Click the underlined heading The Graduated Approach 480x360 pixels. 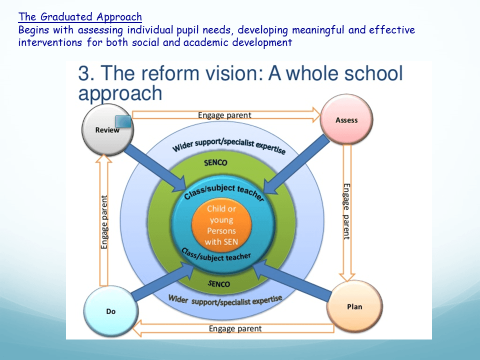[80, 17]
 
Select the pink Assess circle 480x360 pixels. [346, 119]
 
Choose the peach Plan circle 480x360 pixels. [354, 306]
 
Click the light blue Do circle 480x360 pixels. [110, 311]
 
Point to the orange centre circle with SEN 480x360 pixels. [221, 225]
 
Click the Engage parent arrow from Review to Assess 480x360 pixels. [226, 115]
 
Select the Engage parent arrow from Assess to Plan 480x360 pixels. [347, 213]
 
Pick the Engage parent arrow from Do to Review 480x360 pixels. [104, 220]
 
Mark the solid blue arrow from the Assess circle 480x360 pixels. [296, 165]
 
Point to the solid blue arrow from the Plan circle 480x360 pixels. [292, 280]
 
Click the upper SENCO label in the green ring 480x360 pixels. [216, 162]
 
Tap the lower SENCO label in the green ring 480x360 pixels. [219, 284]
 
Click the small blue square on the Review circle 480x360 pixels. [123, 121]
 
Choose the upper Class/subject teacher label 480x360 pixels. [224, 192]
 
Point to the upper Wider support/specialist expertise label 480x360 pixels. [229, 145]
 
